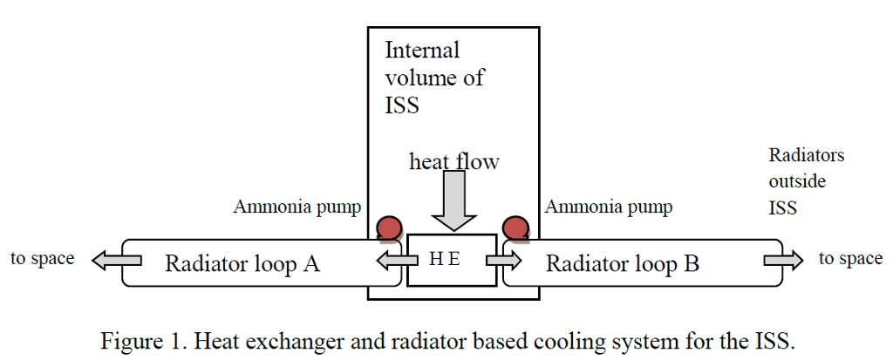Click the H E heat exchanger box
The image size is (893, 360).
point(451,260)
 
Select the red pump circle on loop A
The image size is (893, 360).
point(389,228)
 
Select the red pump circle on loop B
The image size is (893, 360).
point(516,228)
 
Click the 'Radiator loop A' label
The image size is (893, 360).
point(242,262)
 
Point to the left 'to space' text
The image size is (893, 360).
point(42,259)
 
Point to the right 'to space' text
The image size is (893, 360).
point(850,259)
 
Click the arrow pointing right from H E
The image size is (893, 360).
point(505,260)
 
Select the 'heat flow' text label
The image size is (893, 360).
point(454,161)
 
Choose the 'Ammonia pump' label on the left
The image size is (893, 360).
point(297,207)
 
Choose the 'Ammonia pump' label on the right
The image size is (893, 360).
point(609,207)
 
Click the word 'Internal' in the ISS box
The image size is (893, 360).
point(422,50)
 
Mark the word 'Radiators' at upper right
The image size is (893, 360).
point(806,155)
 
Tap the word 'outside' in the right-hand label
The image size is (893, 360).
point(797,182)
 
